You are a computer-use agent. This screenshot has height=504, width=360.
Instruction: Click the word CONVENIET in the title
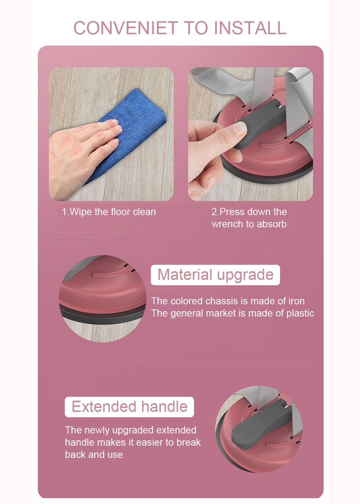(x=126, y=27)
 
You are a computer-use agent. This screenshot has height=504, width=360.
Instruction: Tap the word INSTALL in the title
(x=250, y=27)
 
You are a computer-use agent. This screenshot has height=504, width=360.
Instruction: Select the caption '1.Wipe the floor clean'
(x=109, y=212)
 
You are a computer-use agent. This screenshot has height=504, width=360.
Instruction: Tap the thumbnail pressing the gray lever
(x=250, y=134)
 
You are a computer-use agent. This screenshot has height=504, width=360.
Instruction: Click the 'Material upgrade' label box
(x=215, y=275)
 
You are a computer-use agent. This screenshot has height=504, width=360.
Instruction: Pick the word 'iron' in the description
(x=296, y=301)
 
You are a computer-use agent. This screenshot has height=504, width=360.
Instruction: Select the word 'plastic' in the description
(x=300, y=313)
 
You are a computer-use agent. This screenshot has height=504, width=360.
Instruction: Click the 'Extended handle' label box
(x=129, y=407)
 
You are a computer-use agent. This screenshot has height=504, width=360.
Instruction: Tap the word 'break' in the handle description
(x=189, y=442)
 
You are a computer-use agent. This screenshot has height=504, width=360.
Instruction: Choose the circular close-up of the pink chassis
(x=102, y=299)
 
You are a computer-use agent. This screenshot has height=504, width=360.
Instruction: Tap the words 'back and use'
(x=94, y=455)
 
